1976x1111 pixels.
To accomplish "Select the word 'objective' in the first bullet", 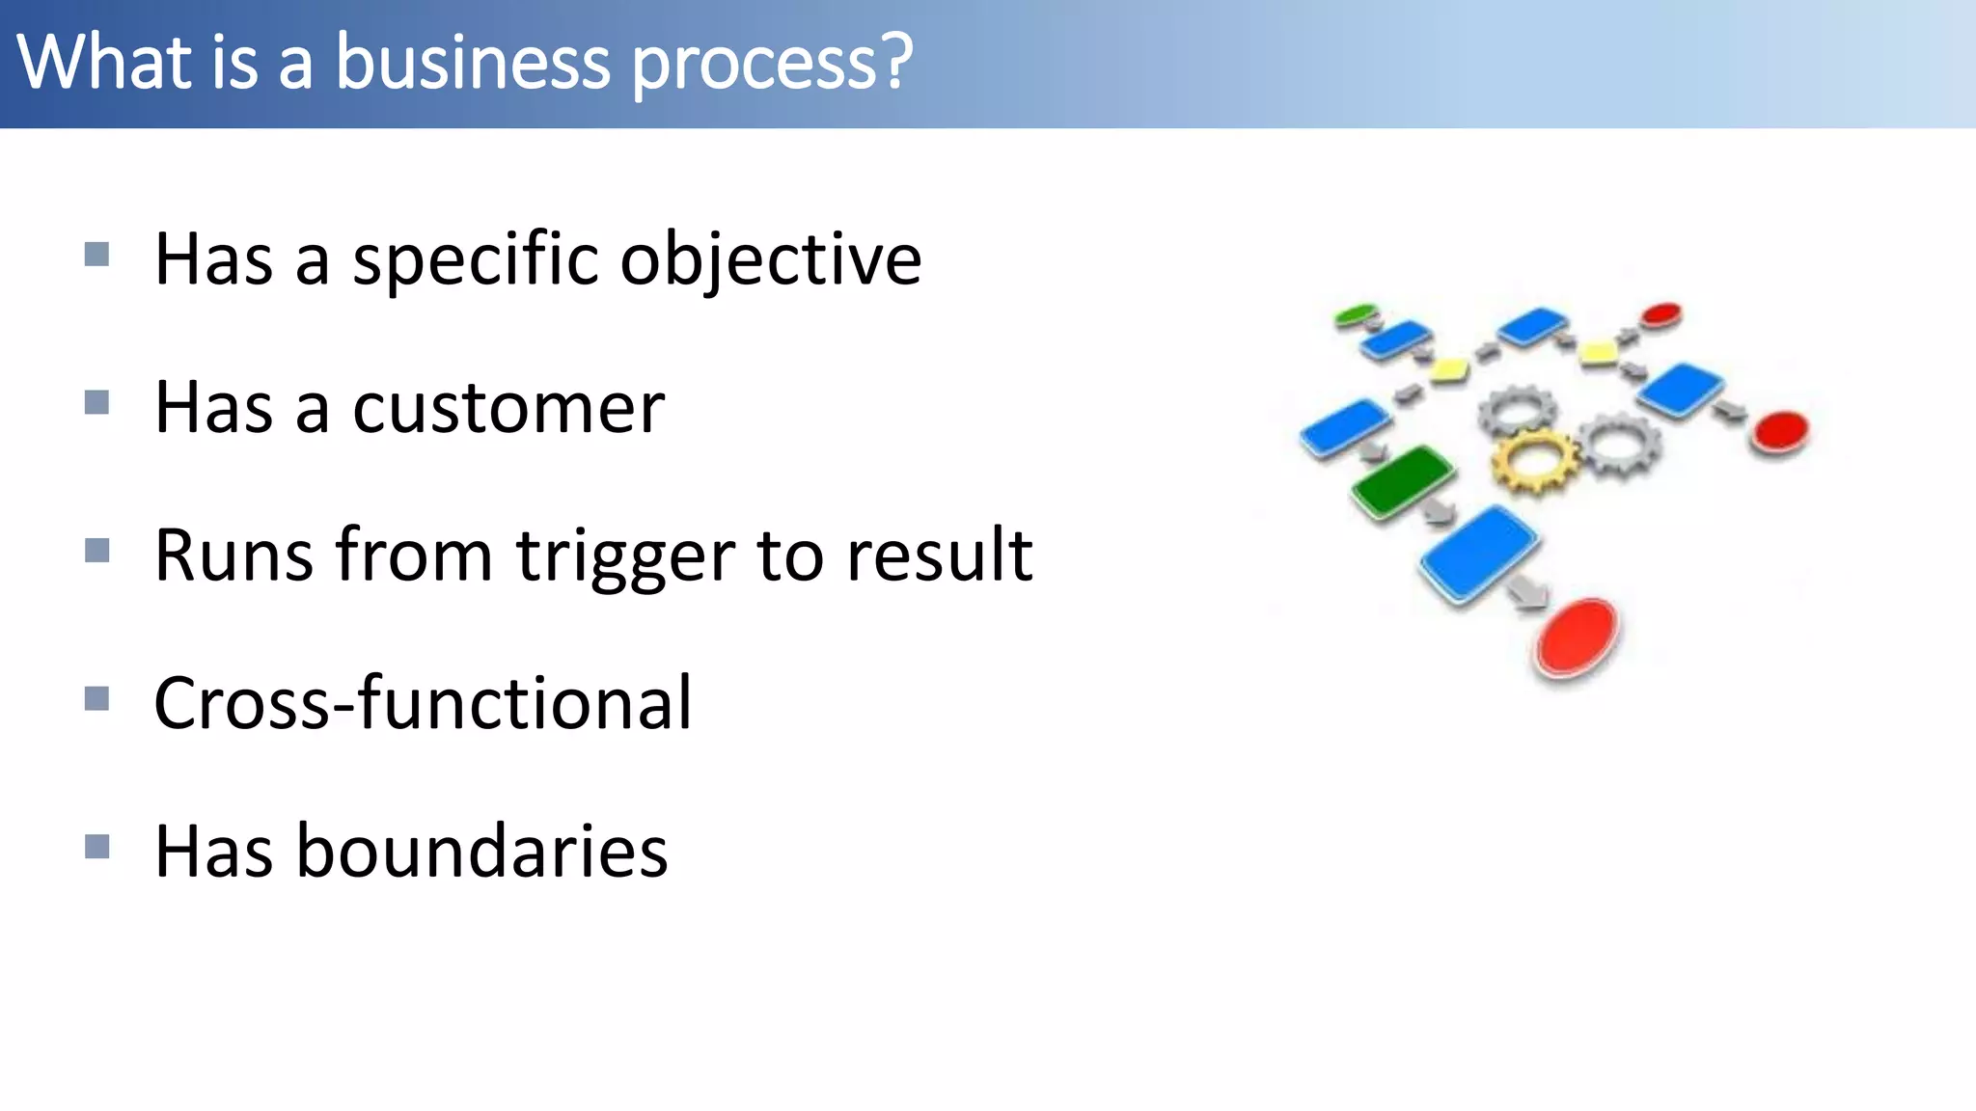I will click(x=770, y=260).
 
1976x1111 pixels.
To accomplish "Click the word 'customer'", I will click(x=508, y=409).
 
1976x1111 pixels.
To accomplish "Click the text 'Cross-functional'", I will click(x=423, y=703).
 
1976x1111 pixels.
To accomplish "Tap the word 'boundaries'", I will click(x=481, y=852).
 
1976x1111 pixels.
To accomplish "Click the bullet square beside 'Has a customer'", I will click(x=96, y=402).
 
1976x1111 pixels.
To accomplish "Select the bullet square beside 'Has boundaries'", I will click(x=96, y=847).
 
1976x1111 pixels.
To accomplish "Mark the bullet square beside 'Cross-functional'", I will click(x=96, y=698).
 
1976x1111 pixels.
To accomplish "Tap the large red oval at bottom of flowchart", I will click(x=1577, y=637).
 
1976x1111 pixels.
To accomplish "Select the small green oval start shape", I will click(x=1356, y=314).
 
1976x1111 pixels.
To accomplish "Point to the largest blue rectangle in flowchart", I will click(x=1478, y=555).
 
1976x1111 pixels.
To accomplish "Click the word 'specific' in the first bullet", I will click(x=476, y=260).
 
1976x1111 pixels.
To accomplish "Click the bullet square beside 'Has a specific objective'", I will click(x=96, y=255).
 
